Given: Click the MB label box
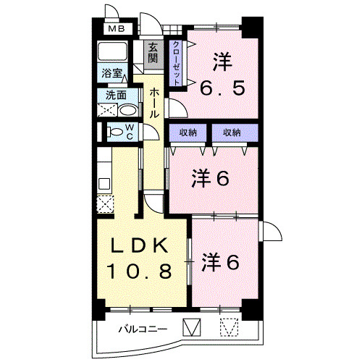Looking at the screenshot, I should [116, 30].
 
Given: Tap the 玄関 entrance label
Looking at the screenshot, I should [153, 55].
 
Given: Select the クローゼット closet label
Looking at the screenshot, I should [176, 62].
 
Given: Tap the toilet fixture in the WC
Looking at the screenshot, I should [115, 132].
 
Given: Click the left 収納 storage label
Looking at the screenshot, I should [188, 132].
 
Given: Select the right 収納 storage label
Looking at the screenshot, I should [231, 132].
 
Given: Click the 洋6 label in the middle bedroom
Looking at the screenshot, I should [211, 178].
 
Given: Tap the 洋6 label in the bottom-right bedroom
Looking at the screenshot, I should [220, 261].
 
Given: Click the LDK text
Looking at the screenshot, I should [140, 246].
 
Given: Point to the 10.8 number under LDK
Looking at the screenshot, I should [140, 272].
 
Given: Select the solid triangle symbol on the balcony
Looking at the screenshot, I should [191, 328].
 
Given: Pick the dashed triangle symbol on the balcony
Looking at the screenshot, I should [229, 328].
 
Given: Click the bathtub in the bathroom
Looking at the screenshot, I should [113, 53].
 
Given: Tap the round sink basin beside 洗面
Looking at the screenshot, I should [127, 111].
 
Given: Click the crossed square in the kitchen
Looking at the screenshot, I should [106, 203].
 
